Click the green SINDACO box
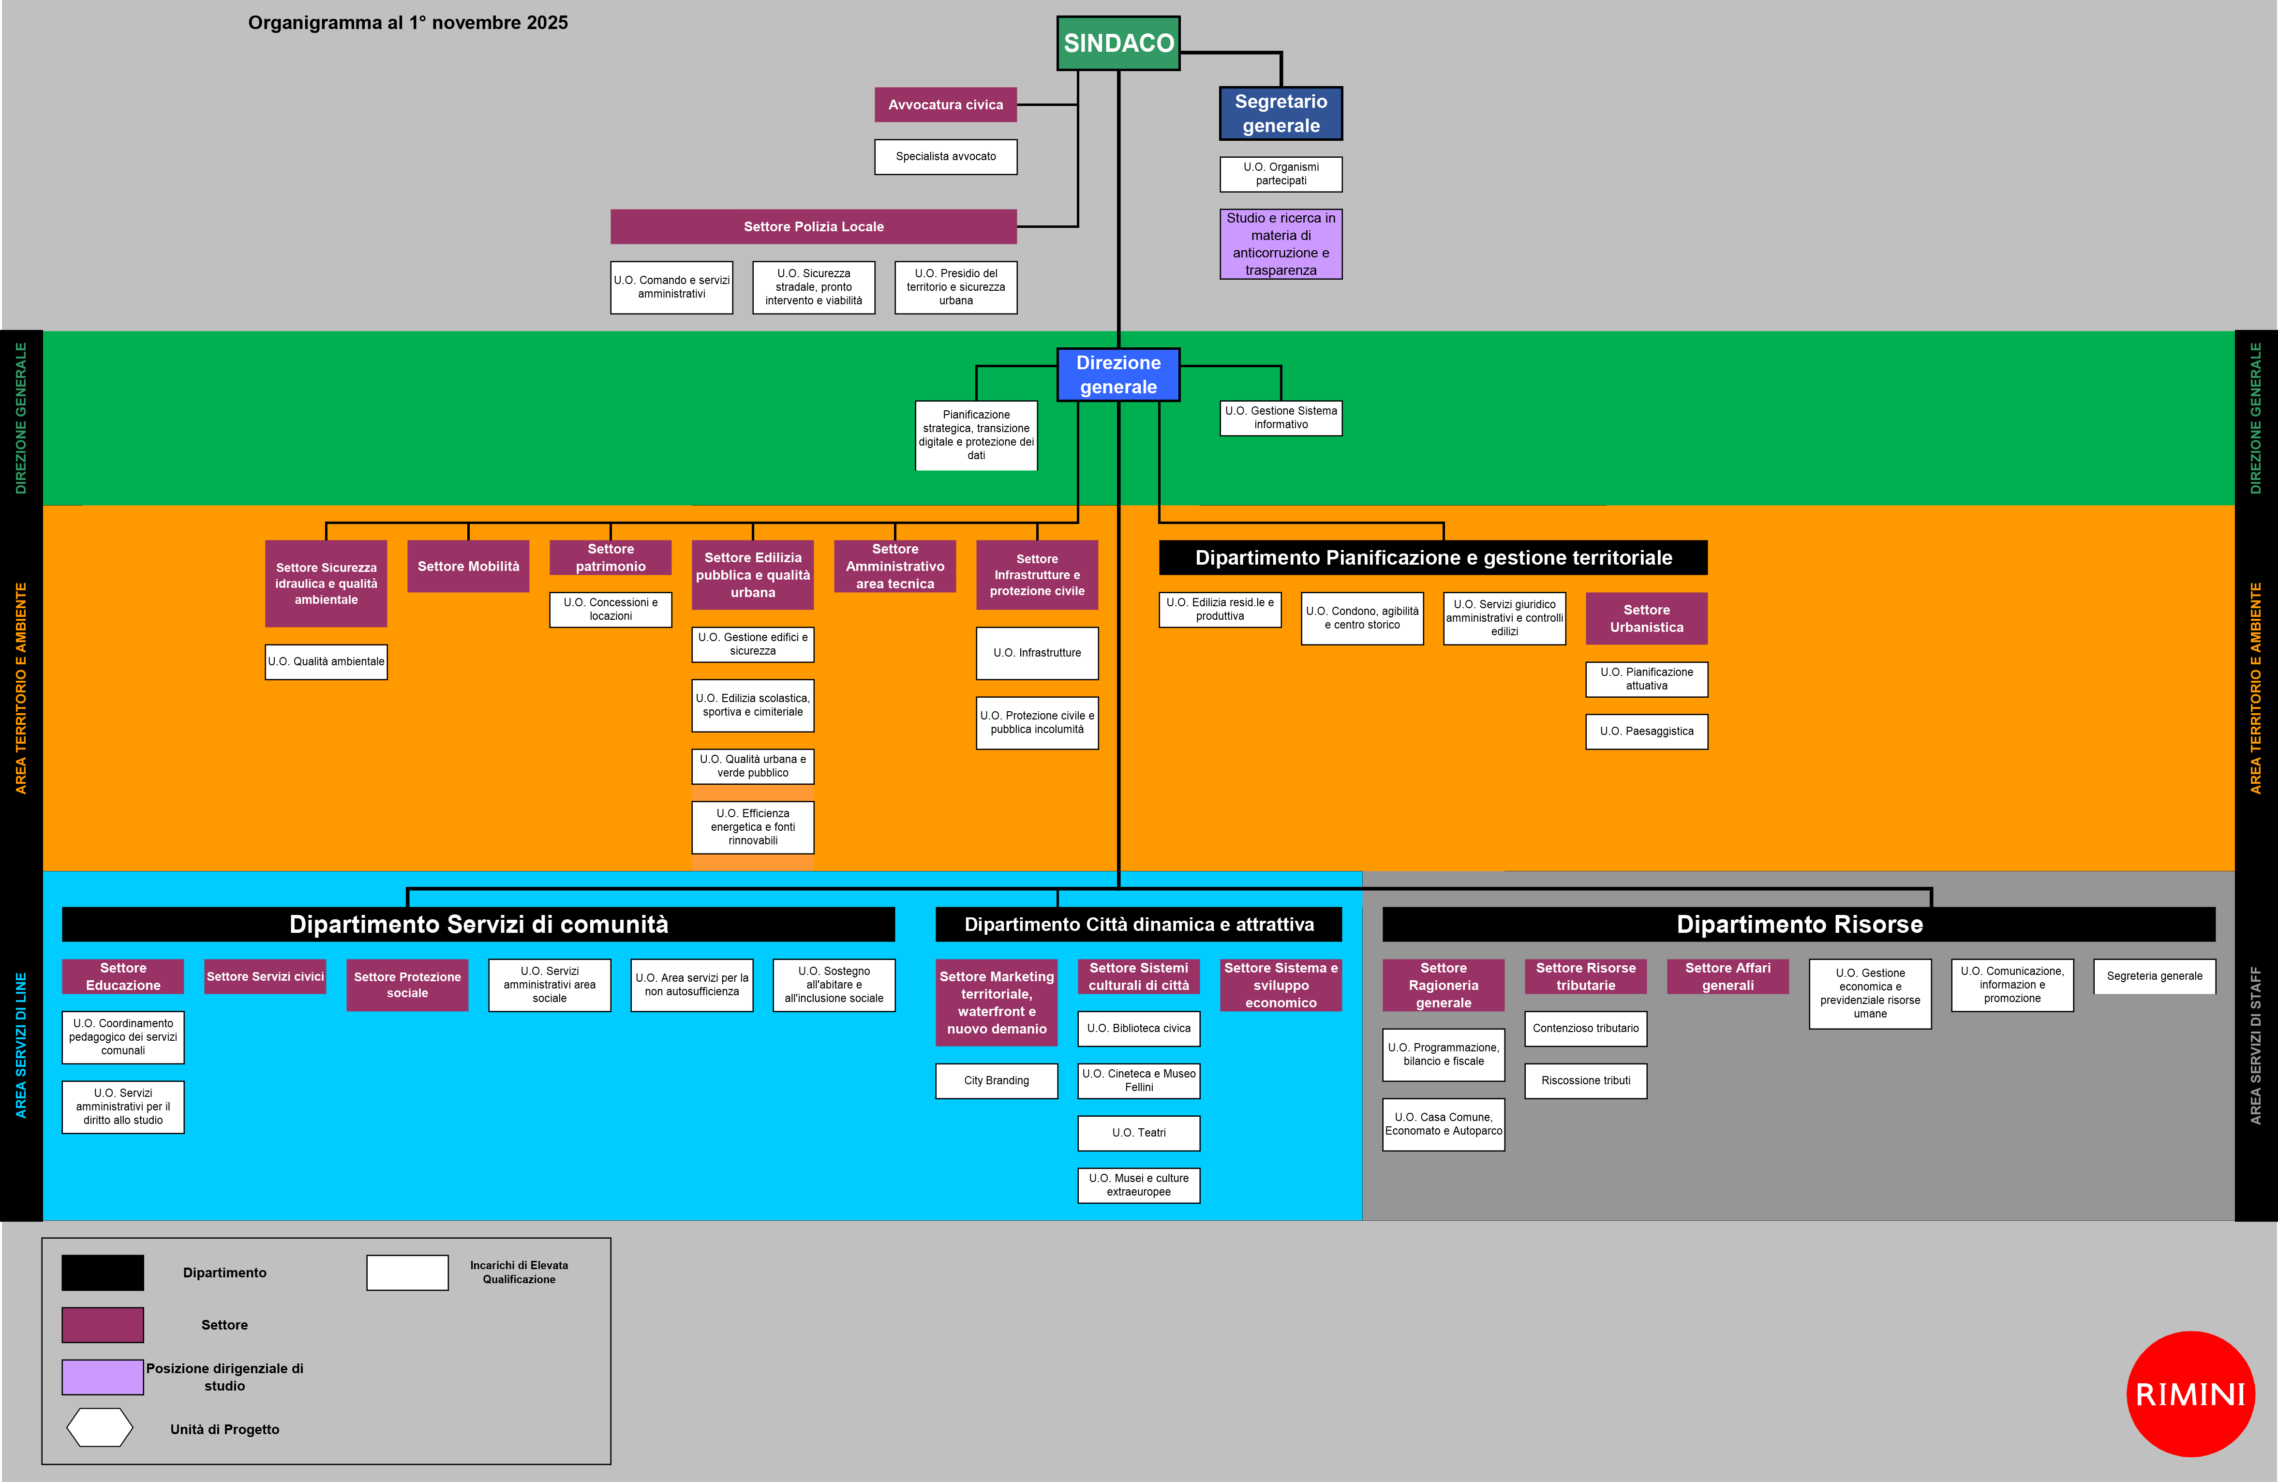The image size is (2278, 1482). (1118, 43)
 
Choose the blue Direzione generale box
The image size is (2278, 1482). (1118, 374)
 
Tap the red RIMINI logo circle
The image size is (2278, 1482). (2190, 1394)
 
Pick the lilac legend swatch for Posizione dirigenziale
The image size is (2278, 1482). (103, 1377)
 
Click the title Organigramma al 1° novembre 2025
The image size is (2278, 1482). (408, 23)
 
